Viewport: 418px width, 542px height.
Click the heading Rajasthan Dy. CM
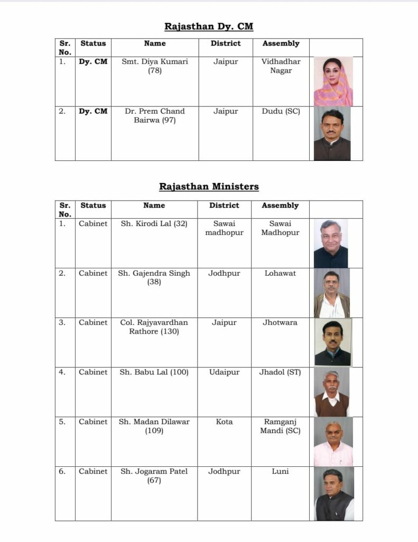click(x=209, y=26)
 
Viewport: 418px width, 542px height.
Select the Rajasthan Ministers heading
click(x=209, y=186)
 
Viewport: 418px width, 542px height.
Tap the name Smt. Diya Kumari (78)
click(x=155, y=66)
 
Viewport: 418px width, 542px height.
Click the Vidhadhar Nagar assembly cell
click(x=281, y=66)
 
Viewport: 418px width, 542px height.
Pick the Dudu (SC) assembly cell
click(x=281, y=112)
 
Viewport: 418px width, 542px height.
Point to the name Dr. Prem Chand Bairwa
click(x=155, y=116)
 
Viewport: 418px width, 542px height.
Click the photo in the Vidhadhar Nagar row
click(x=333, y=82)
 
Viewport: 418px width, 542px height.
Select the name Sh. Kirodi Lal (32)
click(x=154, y=224)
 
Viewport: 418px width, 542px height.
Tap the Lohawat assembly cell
click(x=280, y=274)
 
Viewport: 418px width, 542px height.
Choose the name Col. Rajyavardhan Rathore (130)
click(x=154, y=327)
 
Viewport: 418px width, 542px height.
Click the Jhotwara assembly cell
click(x=280, y=322)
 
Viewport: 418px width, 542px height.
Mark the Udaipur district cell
click(x=224, y=373)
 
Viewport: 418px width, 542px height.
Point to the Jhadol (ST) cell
click(x=280, y=373)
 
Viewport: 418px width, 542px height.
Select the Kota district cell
click(x=224, y=422)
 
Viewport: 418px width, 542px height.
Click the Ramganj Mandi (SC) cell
click(x=280, y=427)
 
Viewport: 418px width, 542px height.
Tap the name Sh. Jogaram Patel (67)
click(x=154, y=476)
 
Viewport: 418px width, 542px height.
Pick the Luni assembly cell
click(x=280, y=472)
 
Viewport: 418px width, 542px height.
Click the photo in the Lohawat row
click(x=332, y=293)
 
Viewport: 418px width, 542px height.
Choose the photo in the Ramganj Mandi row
click(x=333, y=441)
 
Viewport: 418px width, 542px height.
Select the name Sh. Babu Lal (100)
click(x=154, y=373)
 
